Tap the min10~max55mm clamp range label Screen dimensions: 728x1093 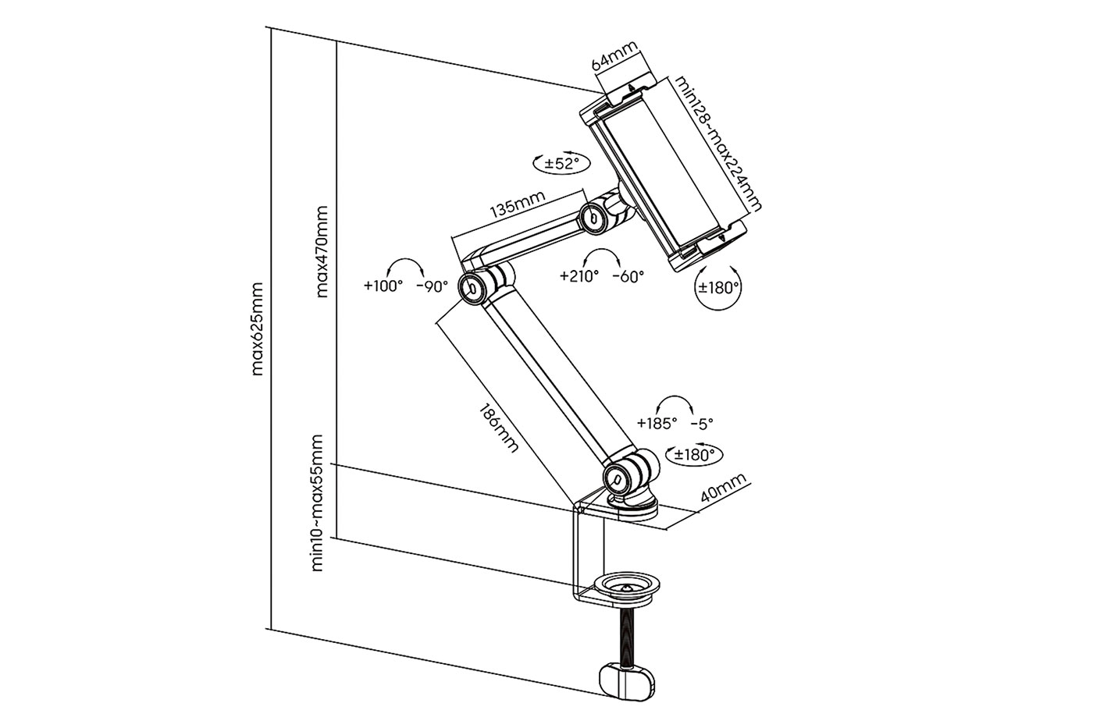[x=317, y=503]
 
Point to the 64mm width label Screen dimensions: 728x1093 [x=614, y=58]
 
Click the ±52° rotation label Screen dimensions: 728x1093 [x=561, y=163]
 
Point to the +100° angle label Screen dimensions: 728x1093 [x=383, y=286]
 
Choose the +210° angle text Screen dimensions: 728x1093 [x=579, y=275]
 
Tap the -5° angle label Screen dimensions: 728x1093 [x=702, y=424]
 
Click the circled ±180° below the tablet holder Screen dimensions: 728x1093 [x=717, y=287]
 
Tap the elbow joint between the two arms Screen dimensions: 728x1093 [x=476, y=286]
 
